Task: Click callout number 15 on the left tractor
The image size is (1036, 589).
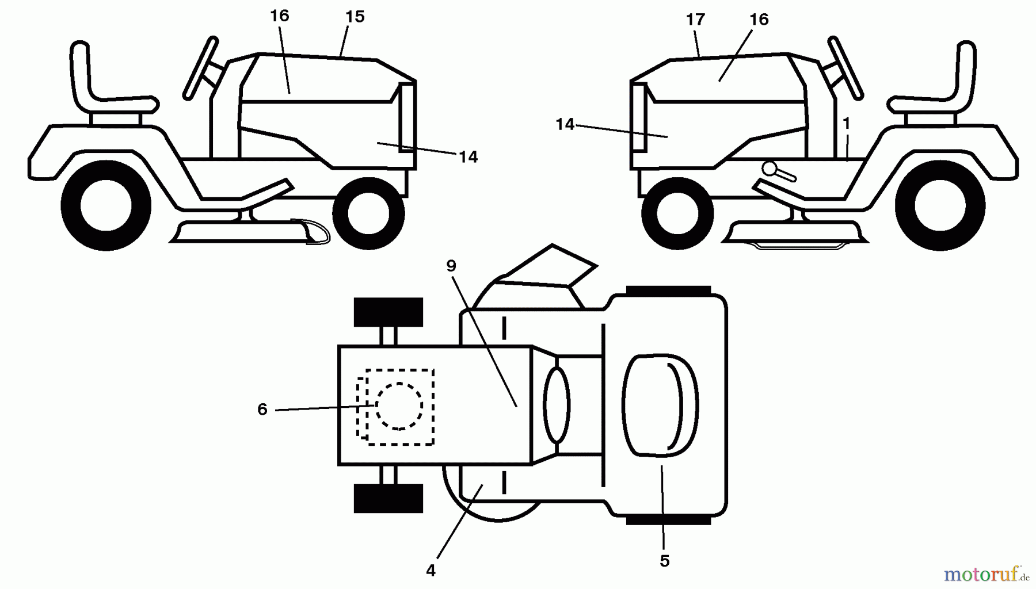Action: (355, 17)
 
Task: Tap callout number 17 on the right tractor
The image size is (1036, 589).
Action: (695, 20)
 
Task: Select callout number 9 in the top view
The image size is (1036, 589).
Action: (451, 266)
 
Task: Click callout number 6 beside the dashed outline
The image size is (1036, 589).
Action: (262, 410)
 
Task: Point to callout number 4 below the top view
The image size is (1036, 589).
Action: (431, 571)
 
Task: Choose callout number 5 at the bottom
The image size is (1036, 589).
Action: (665, 561)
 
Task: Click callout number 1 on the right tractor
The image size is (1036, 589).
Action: (846, 124)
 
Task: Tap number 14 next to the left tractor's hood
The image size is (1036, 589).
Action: (468, 157)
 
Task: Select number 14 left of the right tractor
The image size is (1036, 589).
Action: (565, 124)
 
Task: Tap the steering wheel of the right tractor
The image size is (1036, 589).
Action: (845, 68)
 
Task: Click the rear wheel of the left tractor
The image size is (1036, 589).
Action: (106, 205)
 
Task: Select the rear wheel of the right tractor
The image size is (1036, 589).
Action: (940, 205)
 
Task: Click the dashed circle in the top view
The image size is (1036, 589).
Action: (399, 406)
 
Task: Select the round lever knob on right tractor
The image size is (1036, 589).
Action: (770, 169)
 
